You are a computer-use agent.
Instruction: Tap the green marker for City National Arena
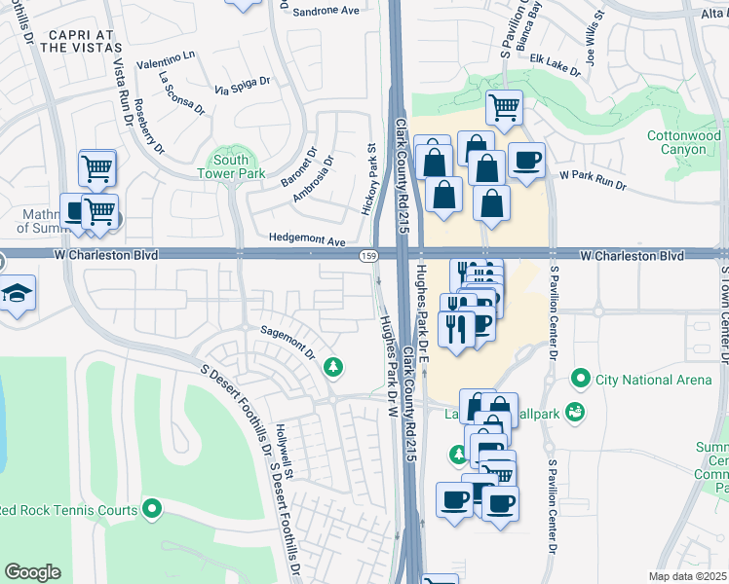[x=582, y=377]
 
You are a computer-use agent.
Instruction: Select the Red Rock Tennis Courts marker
[x=152, y=508]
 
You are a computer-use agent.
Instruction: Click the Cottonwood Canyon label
[x=682, y=143]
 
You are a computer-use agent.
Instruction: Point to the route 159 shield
[x=367, y=255]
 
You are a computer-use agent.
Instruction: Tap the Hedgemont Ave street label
[x=308, y=240]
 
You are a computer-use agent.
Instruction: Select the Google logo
[x=32, y=572]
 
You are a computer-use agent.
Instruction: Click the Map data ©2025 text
[x=688, y=576]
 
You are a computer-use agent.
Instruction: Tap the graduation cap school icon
[x=17, y=294]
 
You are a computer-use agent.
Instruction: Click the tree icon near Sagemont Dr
[x=334, y=366]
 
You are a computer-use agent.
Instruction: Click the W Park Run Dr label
[x=592, y=180]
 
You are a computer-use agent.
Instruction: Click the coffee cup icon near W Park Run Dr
[x=526, y=161]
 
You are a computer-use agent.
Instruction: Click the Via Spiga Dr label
[x=241, y=86]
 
